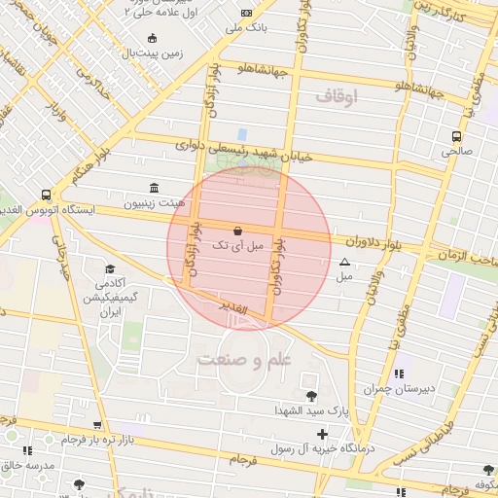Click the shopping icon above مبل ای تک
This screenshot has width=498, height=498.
click(x=239, y=231)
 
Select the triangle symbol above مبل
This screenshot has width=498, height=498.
click(x=344, y=262)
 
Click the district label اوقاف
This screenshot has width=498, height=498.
click(x=338, y=96)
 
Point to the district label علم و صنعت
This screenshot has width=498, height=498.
click(x=244, y=360)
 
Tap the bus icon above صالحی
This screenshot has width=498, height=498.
click(x=456, y=136)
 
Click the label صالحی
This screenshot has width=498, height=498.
click(x=456, y=152)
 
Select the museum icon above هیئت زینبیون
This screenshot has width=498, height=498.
click(x=153, y=187)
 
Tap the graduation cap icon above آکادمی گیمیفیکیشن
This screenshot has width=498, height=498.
click(x=110, y=269)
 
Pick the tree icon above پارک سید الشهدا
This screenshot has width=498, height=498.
click(x=310, y=396)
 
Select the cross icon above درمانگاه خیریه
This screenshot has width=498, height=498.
click(x=322, y=434)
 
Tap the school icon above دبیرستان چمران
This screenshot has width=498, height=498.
click(x=398, y=373)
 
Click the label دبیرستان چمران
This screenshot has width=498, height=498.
click(x=398, y=389)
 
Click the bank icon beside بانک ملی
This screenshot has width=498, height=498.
click(x=246, y=13)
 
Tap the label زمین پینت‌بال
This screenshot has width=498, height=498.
click(x=151, y=53)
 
